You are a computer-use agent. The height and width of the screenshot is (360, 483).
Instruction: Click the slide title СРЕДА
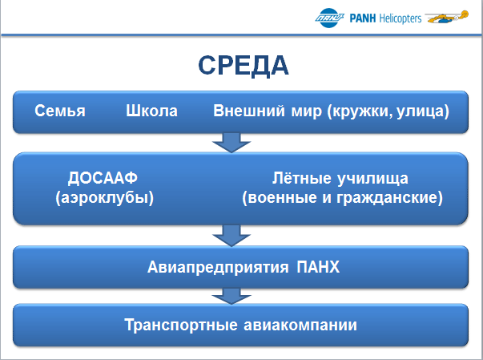point(244,65)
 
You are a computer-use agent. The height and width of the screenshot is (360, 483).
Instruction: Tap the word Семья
point(60,111)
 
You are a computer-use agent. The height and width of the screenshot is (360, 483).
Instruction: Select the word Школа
point(151,111)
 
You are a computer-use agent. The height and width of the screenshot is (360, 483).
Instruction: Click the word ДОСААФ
point(103,178)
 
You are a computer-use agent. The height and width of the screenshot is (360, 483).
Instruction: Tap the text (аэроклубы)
point(104,197)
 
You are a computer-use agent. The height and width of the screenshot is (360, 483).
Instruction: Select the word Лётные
point(301,178)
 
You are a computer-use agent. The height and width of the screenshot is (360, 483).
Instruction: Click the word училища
point(373,179)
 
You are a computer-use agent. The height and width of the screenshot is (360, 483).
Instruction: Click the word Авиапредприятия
point(218,267)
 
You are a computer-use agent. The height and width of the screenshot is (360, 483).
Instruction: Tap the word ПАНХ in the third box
point(318,267)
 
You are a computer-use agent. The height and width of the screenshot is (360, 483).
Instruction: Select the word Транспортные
point(181,325)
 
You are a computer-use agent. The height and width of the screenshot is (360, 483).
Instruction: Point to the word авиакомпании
point(300,325)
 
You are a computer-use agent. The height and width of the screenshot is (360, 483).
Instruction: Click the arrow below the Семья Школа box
point(231,143)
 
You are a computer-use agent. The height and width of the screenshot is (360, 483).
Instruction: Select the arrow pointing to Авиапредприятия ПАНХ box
point(231,236)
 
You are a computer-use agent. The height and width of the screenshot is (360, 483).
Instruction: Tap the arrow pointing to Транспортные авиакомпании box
point(231,296)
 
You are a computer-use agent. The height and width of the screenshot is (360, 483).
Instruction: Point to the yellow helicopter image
point(447,17)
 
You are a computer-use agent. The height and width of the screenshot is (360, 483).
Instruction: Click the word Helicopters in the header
point(400,18)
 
